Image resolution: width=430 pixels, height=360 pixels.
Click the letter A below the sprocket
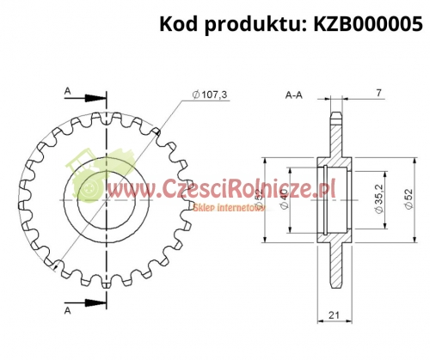67,310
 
